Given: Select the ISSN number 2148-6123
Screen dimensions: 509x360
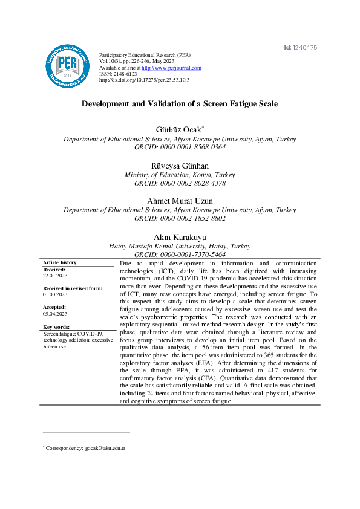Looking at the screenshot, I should [117, 74].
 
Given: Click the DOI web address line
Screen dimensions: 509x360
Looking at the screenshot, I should [144, 80].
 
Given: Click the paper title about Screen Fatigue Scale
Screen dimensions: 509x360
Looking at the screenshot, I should [180, 104].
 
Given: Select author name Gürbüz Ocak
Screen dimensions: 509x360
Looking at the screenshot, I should [178, 129].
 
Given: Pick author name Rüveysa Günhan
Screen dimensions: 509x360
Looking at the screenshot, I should [180, 165].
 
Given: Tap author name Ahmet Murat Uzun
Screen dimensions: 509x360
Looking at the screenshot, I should [180, 201].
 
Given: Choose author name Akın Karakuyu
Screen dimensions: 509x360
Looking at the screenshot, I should [180, 236].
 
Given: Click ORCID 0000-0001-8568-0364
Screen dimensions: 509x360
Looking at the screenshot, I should [180, 147].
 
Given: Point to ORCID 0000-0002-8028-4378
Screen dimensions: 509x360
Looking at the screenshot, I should [180, 183].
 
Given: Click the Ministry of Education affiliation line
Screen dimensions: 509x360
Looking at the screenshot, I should [180, 175].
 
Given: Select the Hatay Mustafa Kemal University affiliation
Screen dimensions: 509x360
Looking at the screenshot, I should [180, 246].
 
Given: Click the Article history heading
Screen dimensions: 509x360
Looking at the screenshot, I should [60, 262].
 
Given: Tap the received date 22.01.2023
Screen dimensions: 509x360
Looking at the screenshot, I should [55, 275].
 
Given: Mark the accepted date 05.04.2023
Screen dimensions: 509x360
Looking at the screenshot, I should [55, 314].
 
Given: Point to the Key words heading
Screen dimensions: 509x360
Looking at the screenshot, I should [57, 327].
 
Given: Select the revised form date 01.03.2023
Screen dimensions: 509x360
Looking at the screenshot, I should [55, 294].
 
